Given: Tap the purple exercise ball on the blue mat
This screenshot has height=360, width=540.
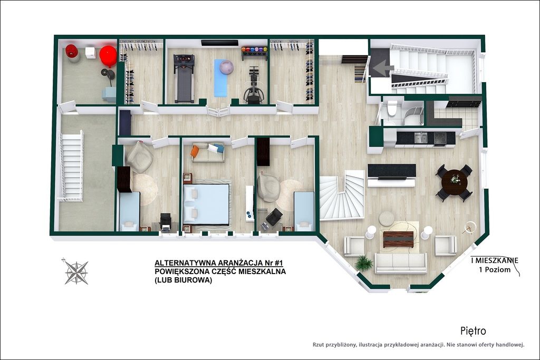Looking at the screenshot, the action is click(226, 67).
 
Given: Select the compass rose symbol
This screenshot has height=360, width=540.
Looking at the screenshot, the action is click(76, 272).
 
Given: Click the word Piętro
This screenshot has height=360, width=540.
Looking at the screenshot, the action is click(473, 331).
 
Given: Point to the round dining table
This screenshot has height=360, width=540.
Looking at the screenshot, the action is click(454, 182).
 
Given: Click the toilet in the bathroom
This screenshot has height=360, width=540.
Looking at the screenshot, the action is click(391, 108).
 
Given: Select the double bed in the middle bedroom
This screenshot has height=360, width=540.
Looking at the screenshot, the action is click(206, 204).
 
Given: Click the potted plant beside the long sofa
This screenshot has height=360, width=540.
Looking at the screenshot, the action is click(364, 264).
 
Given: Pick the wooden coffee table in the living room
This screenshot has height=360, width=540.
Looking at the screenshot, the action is click(398, 239).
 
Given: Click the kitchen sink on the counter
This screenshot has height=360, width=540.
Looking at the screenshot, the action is click(420, 138).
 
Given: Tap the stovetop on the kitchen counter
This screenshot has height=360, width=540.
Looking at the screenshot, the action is click(440, 138).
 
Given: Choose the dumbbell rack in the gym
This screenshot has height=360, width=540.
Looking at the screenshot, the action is click(255, 53).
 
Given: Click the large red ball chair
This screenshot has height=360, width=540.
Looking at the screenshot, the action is click(108, 56).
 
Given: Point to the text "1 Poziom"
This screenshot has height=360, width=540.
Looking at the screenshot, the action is click(495, 270).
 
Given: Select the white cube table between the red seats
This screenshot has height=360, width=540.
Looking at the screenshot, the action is click(90, 53).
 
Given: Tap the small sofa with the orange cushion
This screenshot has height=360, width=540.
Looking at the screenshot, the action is click(208, 152).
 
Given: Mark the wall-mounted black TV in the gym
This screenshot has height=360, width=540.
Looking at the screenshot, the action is click(220, 43).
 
